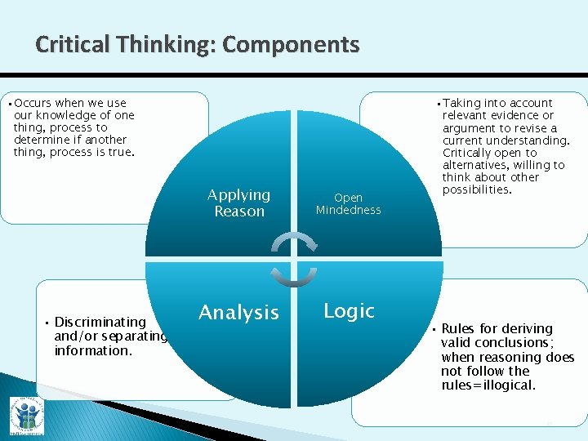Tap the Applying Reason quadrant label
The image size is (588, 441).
pos(238,203)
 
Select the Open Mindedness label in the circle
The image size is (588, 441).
pos(349,203)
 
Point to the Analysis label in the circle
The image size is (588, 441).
pos(238,313)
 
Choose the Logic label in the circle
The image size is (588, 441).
pos(349,311)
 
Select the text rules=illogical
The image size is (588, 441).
pos(488,385)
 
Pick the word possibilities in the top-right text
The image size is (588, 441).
pos(477,189)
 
